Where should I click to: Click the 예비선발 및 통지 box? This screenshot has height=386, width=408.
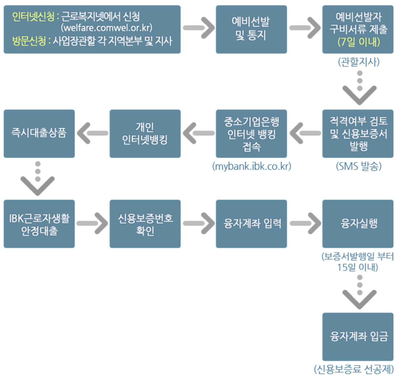251,29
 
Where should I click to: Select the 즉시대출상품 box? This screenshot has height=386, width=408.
39,133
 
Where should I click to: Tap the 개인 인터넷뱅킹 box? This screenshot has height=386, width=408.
145,133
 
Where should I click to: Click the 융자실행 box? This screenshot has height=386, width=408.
358,223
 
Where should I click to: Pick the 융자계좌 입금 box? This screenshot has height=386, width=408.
358,336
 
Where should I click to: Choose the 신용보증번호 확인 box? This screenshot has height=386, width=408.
145,224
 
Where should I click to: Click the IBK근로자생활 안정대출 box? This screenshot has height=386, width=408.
39,224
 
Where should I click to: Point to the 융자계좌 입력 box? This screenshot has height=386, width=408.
251,223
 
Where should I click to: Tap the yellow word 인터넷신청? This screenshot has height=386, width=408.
33,17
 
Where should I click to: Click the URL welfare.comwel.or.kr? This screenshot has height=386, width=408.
107,28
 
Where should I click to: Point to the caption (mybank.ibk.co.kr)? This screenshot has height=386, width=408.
251,166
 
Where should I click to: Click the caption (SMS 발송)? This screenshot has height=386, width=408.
359,166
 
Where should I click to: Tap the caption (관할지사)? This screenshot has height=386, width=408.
359,62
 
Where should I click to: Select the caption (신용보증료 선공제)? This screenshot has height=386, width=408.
354,369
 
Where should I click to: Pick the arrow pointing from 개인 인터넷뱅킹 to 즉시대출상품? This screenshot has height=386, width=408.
92,133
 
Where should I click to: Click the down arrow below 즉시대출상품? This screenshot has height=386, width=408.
38,177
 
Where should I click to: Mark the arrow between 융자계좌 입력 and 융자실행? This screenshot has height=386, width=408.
305,223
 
